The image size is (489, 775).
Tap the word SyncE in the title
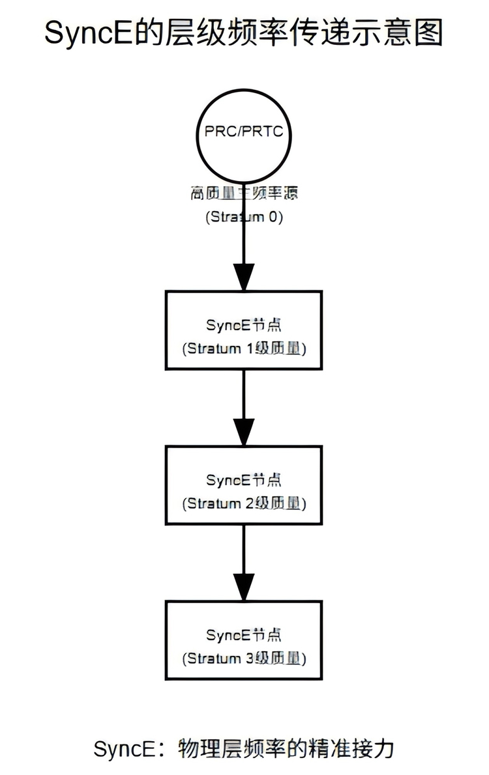[87, 33]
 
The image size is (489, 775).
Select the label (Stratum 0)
[244, 218]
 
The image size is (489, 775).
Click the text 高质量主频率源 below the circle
[244, 193]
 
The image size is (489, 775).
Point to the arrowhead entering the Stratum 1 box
[244, 278]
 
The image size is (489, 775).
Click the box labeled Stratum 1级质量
[244, 330]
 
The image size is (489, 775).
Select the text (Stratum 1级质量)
[244, 348]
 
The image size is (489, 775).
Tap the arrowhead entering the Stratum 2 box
[244, 433]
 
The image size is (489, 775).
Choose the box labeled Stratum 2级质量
[244, 485]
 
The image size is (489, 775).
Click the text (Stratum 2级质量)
[244, 503]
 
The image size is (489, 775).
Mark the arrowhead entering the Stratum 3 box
[244, 588]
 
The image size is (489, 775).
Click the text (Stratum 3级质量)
[244, 658]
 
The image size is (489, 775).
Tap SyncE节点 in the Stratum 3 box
[244, 634]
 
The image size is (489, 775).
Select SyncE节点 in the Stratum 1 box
[244, 324]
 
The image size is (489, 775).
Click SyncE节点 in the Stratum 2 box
[244, 480]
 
